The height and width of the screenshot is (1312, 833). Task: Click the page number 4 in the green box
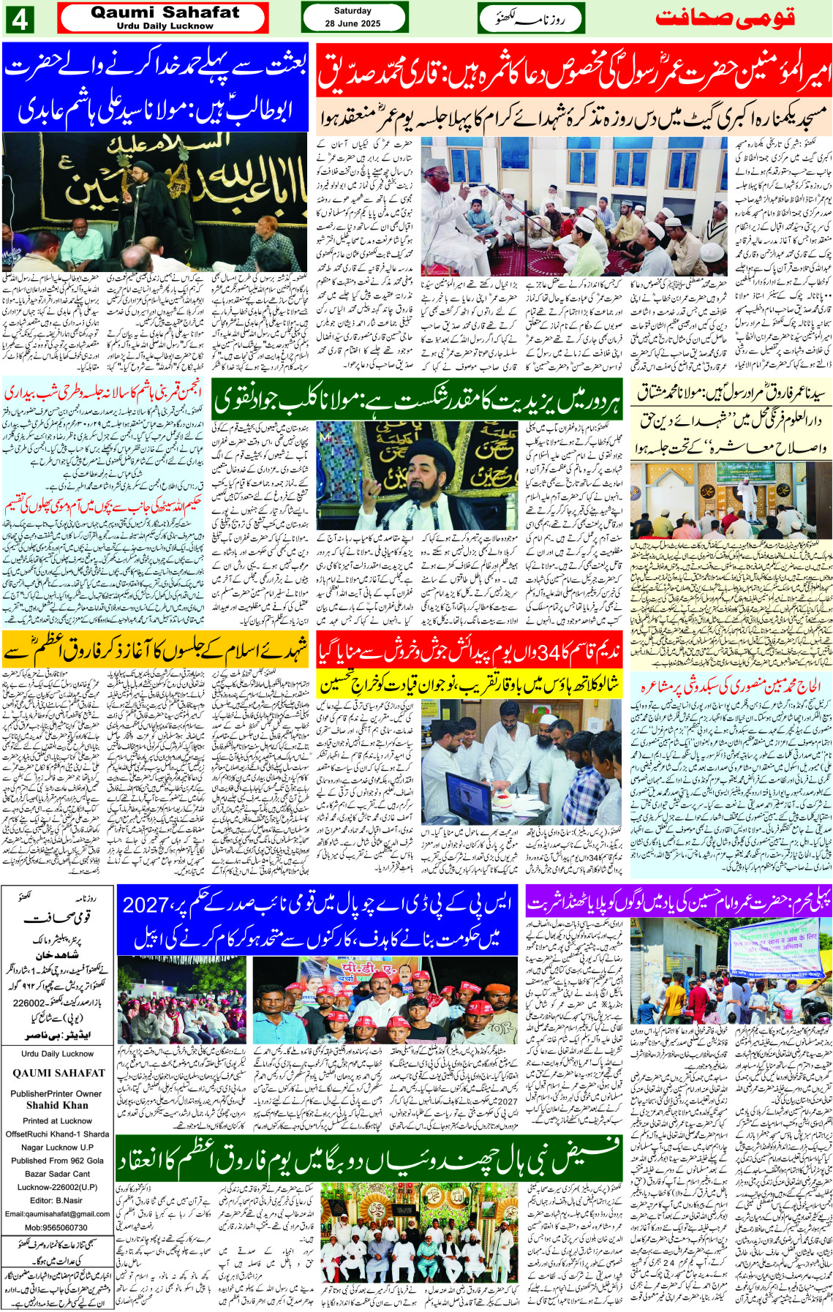20,19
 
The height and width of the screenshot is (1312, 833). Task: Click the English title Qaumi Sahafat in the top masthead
165,12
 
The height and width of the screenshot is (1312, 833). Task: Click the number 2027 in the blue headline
146,905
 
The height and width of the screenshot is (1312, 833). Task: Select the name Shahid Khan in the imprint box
57,1105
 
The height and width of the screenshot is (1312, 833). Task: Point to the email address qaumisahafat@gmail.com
57,1214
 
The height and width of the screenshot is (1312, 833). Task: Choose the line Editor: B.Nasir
57,1200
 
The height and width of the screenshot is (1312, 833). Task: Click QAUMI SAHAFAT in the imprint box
59,1073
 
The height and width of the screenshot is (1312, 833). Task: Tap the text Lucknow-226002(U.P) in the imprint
57,1187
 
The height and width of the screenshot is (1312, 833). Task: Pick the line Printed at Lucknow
57,1120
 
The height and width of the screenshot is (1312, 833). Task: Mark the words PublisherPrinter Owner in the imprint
57,1093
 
